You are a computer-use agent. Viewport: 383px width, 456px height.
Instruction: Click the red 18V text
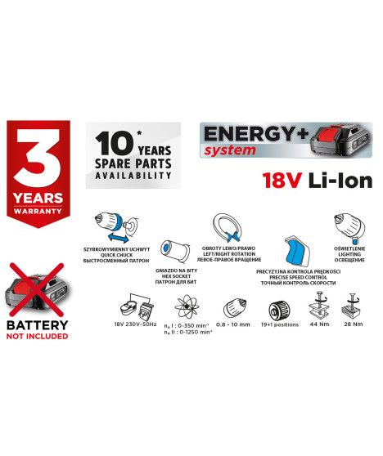(283, 181)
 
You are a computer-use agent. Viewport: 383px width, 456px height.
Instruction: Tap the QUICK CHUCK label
(111, 254)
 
